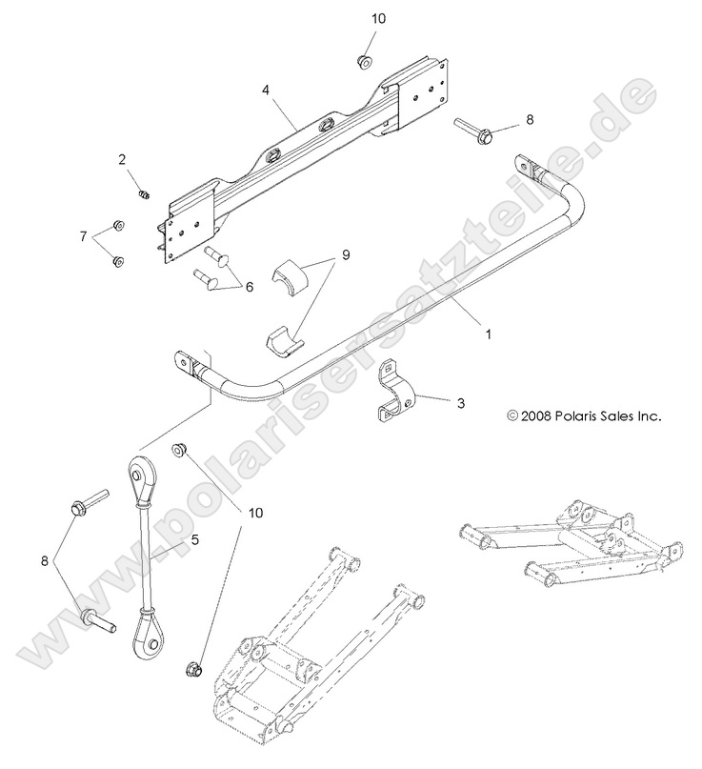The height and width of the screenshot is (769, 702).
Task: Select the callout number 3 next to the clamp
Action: (461, 403)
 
